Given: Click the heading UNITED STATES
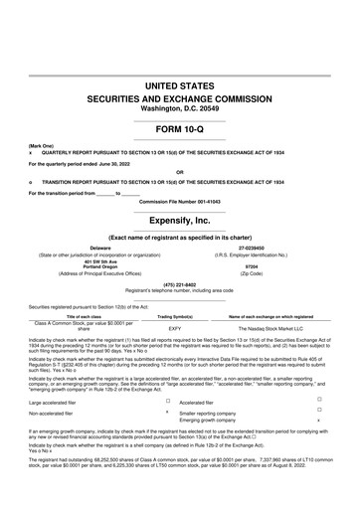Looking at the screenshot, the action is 180,88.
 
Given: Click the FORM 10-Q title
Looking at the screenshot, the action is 180,130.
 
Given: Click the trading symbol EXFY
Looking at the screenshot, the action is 175,326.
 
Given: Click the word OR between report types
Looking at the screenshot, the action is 180,169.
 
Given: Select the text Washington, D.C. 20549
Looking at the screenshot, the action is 180,108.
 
